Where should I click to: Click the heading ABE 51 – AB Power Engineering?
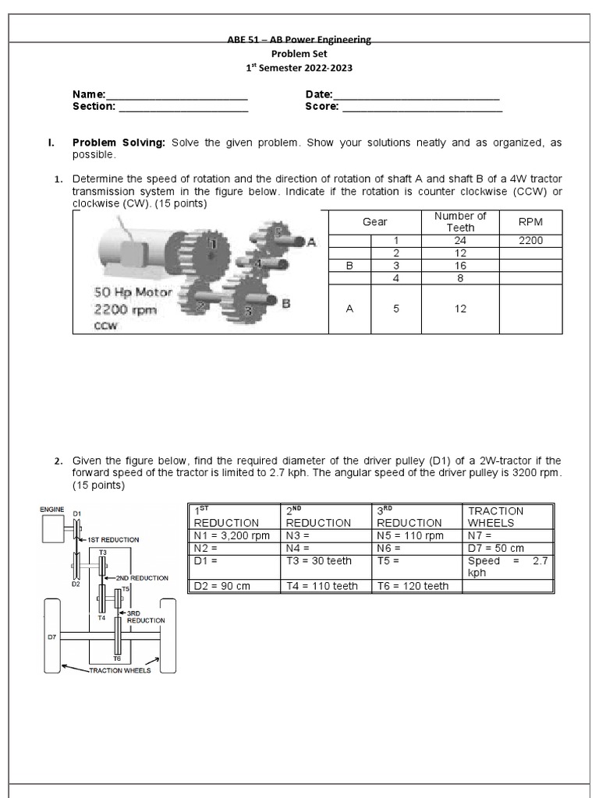tap(299, 40)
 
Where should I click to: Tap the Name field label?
tap(89, 94)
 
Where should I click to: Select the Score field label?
tap(321, 107)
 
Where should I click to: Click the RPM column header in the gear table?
tap(530, 222)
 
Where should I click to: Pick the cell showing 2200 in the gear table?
tap(530, 241)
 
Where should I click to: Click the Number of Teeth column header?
tap(460, 222)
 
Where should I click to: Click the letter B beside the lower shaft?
tap(285, 304)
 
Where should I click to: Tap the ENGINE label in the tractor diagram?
tap(52, 509)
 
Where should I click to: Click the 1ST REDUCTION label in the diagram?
tap(113, 539)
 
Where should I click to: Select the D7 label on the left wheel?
tap(52, 637)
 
